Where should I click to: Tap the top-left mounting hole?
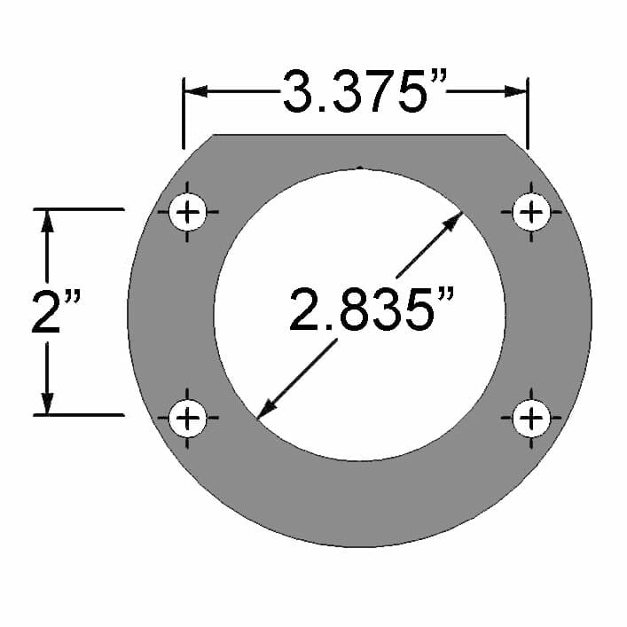click(187, 213)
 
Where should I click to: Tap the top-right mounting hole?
click(531, 213)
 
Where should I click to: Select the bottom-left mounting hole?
click(187, 417)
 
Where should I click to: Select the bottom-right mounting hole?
click(531, 417)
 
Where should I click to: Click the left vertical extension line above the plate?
click(184, 115)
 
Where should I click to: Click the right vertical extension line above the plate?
click(528, 115)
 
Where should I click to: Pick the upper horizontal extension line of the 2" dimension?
click(80, 209)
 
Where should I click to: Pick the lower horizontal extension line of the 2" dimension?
click(80, 414)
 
